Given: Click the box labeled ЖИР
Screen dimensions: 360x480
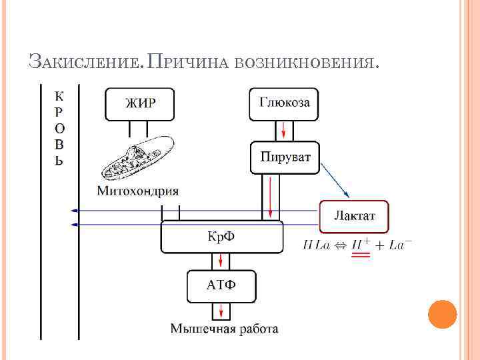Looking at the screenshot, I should point(140,103).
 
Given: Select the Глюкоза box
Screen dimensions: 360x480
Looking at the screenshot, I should point(284,103).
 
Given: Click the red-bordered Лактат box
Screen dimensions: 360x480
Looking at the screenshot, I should point(354,216).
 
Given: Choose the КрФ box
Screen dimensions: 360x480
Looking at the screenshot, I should point(223,237).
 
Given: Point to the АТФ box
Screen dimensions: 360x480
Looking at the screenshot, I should point(221,285).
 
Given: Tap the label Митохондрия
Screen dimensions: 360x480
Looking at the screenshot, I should point(138,191).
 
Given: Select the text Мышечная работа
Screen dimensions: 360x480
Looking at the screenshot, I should point(224,329).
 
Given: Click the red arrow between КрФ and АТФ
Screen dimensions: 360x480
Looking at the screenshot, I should point(220,261).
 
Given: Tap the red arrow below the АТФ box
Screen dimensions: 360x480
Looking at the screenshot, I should point(220,311).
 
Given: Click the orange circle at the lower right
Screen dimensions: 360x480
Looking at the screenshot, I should point(441,314).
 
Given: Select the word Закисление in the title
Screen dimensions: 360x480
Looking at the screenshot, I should point(84,63).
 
